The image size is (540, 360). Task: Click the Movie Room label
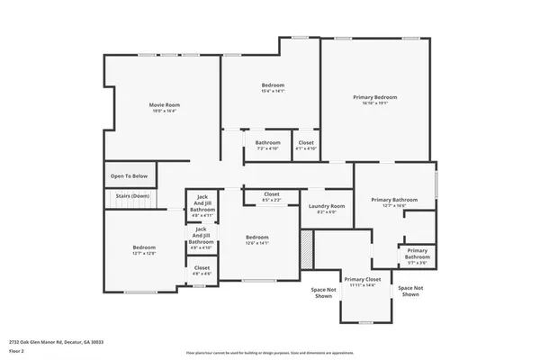163,105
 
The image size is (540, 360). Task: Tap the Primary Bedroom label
375,96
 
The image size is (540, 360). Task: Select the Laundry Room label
327,206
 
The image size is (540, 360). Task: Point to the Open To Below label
130,176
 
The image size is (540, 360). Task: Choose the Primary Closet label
364,280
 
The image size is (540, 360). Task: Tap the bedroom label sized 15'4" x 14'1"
272,85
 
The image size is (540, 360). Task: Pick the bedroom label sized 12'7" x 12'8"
144,247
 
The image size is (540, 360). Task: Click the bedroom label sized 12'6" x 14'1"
257,238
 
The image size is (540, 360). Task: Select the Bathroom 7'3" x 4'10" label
267,142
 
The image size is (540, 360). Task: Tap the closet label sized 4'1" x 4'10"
306,142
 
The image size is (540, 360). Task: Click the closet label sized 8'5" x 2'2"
272,194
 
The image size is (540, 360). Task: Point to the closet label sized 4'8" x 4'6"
202,267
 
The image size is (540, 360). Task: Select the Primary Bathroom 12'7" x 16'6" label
394,200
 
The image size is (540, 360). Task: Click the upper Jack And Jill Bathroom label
202,203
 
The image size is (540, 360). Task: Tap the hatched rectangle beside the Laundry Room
307,248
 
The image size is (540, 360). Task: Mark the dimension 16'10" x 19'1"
375,103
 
